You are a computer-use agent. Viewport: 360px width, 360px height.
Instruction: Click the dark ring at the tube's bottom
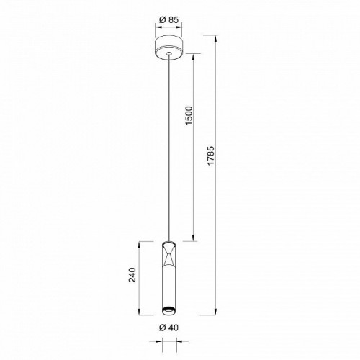[168, 311]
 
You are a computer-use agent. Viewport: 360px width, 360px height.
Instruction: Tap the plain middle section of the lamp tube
[168, 284]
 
